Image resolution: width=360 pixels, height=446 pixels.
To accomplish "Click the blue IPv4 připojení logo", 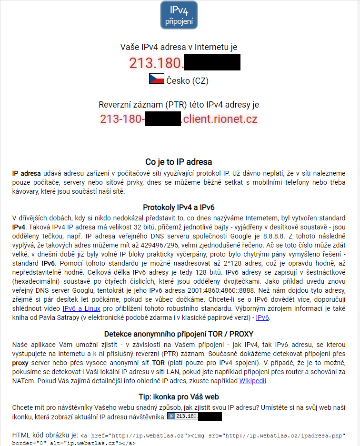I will pos(179,15).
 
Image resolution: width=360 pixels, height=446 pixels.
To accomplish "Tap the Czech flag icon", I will pos(157,79).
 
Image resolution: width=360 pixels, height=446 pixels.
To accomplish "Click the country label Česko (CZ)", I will pos(187,80).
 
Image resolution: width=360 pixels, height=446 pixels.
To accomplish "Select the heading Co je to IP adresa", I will pos(179,162).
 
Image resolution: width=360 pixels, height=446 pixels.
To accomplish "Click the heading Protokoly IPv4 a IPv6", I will pos(179,207).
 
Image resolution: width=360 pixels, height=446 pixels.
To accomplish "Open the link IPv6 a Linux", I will pos(81,308).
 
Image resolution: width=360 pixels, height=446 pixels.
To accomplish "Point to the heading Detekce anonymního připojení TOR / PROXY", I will pos(179,335).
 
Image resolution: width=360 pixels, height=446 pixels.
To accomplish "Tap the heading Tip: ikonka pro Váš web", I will pos(179,396).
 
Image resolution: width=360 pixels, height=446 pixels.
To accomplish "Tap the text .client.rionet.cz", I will pos(220,119).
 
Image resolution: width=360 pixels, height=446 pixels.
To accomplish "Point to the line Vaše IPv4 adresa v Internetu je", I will pos(179,47).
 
